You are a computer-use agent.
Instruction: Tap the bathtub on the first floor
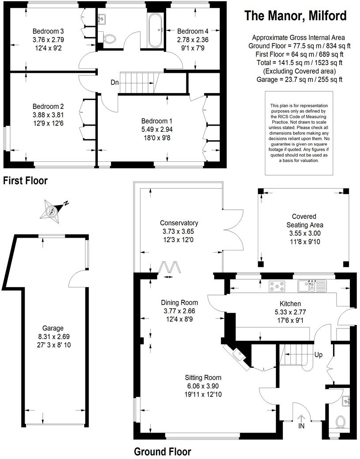coord(156,31)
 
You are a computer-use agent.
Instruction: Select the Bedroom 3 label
coord(48,31)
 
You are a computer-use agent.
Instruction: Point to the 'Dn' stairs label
coord(114,82)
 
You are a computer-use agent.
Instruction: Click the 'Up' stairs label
coord(318,355)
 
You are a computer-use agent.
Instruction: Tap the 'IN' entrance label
coord(301,426)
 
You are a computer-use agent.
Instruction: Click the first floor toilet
coord(109,39)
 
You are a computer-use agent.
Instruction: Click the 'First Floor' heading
coord(25,180)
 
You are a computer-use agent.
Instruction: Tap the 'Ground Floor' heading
coord(162,452)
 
